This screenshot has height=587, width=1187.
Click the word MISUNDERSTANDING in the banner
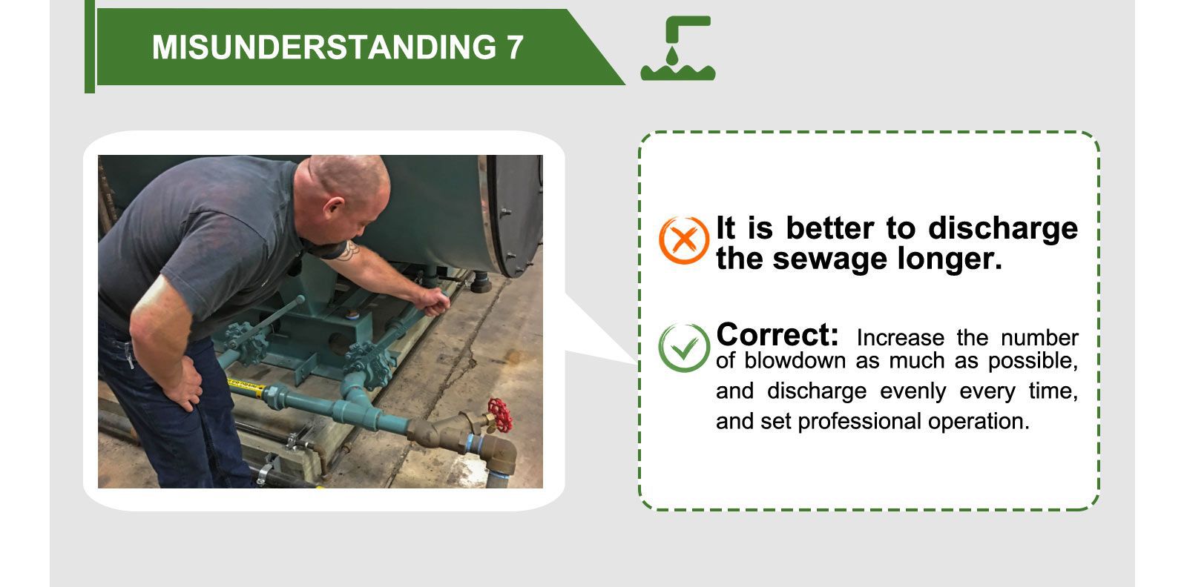pos(323,47)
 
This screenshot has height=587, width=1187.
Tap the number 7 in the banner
pos(515,47)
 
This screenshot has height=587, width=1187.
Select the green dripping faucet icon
pos(677,48)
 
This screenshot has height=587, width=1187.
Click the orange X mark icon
pos(683,240)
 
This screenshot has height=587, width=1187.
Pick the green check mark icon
pos(683,347)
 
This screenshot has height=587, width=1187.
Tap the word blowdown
pos(795,361)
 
